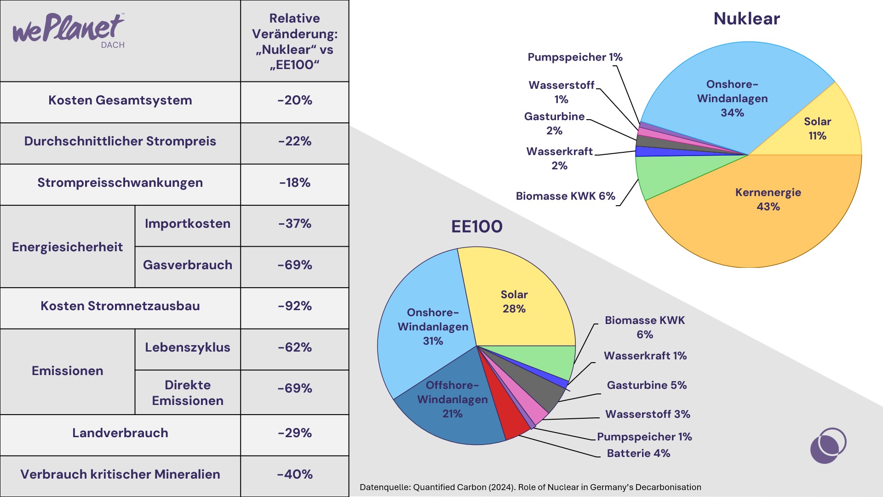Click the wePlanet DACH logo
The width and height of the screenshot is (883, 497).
pyautogui.click(x=69, y=30)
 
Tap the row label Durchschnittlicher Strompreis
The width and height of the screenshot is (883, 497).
pyautogui.click(x=120, y=141)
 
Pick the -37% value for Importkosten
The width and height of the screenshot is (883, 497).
pyautogui.click(x=295, y=224)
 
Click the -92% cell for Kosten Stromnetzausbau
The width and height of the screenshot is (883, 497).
pyautogui.click(x=295, y=306)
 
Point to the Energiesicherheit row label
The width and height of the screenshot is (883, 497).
pyautogui.click(x=68, y=247)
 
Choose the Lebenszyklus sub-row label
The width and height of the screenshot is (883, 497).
pyautogui.click(x=188, y=347)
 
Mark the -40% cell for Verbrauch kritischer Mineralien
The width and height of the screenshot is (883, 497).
pyautogui.click(x=295, y=474)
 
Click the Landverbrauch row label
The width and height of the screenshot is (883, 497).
pyautogui.click(x=120, y=433)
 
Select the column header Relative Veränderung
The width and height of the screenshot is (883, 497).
pyautogui.click(x=295, y=41)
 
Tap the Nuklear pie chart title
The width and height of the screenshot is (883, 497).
pyautogui.click(x=747, y=19)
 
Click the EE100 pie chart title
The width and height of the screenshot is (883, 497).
pyautogui.click(x=477, y=226)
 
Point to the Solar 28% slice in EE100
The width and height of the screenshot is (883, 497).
pyautogui.click(x=515, y=299)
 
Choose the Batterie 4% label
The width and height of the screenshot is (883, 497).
pyautogui.click(x=638, y=453)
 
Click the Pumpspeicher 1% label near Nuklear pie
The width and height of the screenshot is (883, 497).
pyautogui.click(x=575, y=57)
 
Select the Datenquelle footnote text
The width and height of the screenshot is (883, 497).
pyautogui.click(x=530, y=487)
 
